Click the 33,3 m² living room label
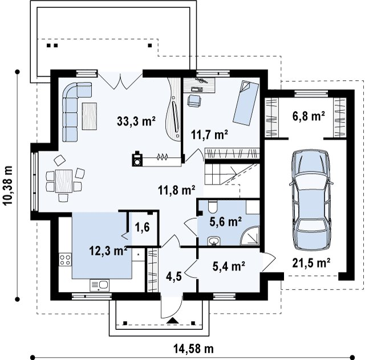[136, 121]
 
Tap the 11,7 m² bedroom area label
[209, 134]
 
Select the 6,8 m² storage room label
[309, 116]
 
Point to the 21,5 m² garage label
[311, 263]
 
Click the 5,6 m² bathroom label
[225, 222]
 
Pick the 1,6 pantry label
[142, 227]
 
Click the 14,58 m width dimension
[193, 349]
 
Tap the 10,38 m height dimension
[7, 185]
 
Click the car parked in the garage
[311, 201]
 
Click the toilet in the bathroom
[213, 207]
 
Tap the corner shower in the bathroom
[250, 235]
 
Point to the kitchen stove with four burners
[65, 260]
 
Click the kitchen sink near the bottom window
[99, 285]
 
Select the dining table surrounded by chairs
[63, 181]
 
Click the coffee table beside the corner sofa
[90, 116]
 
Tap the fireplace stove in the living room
[137, 159]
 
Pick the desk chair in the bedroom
[194, 101]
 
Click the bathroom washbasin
[213, 241]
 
